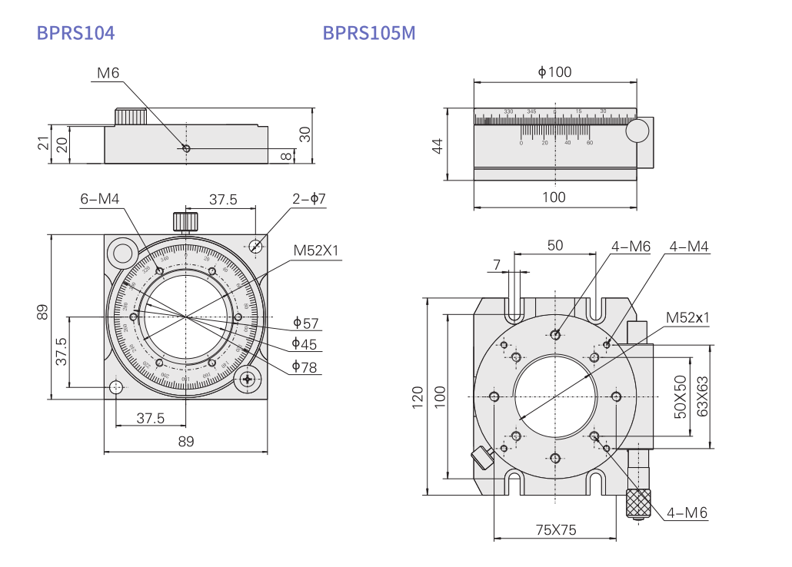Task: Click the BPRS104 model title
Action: pos(76,33)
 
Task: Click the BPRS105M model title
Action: pos(369,33)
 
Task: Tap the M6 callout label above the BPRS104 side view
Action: pos(108,73)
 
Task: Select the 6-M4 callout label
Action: pos(100,200)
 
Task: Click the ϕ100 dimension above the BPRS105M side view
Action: pos(554,72)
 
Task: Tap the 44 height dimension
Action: pos(438,146)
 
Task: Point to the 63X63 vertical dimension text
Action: pos(701,396)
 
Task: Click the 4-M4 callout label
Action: pos(689,247)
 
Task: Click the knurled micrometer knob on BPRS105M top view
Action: pos(640,503)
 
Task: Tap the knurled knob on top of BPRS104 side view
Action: pos(131,117)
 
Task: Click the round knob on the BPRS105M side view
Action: pos(637,131)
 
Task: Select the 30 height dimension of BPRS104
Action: pos(304,134)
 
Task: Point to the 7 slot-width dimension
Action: pos(497,264)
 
